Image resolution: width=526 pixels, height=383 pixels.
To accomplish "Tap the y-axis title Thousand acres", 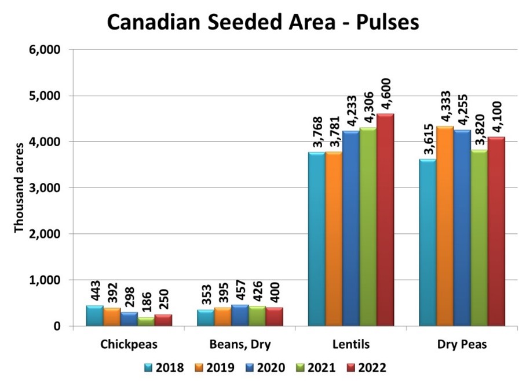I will tap(19, 187).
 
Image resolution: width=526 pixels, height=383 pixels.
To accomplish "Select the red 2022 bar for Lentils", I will tap(385, 221).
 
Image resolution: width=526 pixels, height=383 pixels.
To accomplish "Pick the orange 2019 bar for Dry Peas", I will tap(444, 226).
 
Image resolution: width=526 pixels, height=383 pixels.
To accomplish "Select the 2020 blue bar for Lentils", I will tap(350, 229).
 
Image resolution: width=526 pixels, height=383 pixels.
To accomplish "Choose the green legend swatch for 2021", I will tap(299, 367).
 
